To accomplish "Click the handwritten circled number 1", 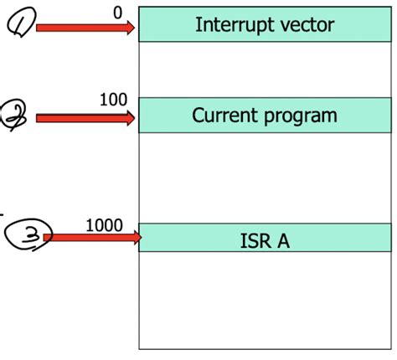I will coord(19,28).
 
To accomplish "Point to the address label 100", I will coord(113,100).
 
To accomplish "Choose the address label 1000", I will coord(104,225).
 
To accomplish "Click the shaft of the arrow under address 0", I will coord(80,28).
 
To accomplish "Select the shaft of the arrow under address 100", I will coord(80,119).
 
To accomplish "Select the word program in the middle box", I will coord(302,116).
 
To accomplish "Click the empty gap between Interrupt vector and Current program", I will coord(265,69).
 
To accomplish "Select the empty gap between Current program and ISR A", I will coord(265,177).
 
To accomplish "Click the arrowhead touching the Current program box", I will coord(130,119).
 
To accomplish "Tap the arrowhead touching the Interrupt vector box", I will coord(130,28).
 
